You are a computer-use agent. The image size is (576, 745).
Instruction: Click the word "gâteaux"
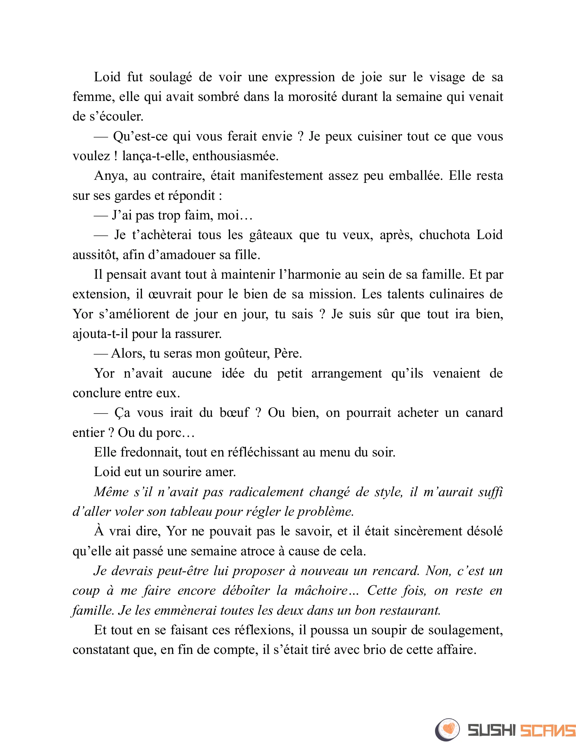click(x=271, y=235)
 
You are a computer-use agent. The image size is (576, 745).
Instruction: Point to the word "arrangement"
click(x=346, y=373)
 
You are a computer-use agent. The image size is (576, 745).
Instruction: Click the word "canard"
click(x=484, y=413)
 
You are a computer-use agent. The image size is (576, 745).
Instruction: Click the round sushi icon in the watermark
click(x=447, y=730)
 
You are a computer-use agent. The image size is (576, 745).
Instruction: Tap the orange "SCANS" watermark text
click(x=548, y=730)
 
